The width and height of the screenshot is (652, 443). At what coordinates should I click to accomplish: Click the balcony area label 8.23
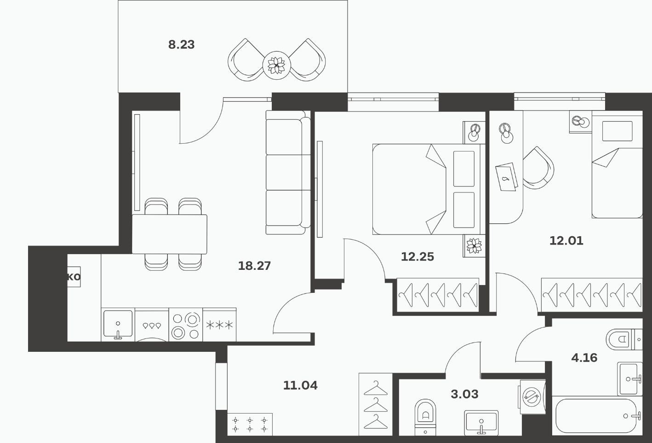181,45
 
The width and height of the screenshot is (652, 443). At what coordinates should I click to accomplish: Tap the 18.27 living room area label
254,266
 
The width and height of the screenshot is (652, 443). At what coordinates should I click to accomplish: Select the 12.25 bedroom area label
418,257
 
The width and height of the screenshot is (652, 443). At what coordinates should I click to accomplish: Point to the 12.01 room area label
566,241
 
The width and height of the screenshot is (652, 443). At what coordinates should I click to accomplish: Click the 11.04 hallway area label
300,385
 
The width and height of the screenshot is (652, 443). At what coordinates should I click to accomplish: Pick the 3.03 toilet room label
464,394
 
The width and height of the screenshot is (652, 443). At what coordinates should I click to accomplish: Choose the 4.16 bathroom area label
584,358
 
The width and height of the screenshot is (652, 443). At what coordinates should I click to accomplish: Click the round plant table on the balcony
276,65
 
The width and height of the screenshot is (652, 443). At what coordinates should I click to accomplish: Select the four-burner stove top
186,325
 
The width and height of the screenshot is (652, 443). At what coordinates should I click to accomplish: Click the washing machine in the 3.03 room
532,396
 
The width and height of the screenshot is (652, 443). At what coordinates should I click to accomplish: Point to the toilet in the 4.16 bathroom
624,339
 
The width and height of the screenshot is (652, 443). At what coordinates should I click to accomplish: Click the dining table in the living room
169,234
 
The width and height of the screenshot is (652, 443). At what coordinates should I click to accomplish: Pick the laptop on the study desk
507,177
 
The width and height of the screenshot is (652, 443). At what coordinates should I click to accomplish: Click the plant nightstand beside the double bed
474,246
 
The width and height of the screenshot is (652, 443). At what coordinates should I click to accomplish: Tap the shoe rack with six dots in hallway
250,424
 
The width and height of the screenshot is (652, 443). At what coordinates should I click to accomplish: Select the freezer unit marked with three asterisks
219,325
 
